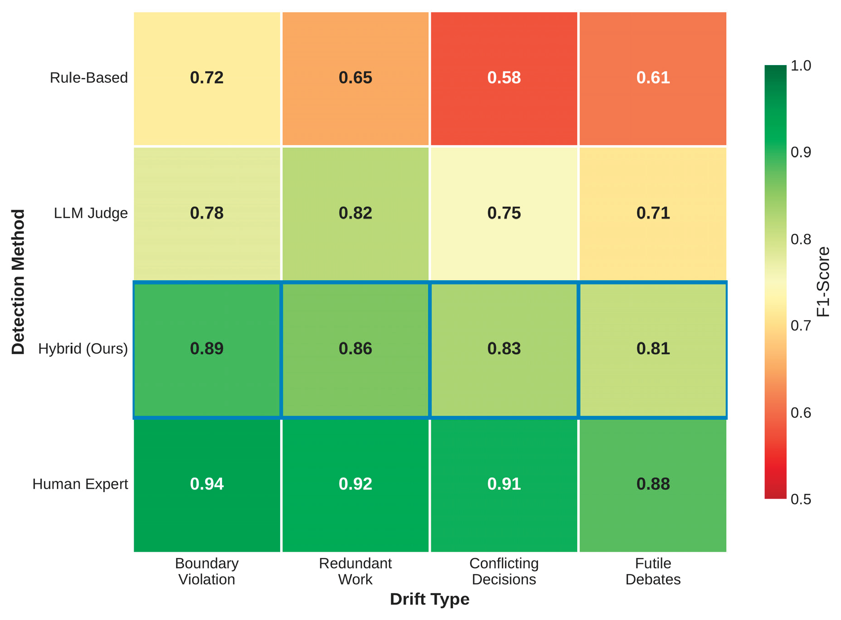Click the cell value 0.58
[x=504, y=78]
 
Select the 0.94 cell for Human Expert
[x=206, y=484]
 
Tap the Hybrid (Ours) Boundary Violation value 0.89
[x=206, y=349]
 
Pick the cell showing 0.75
[x=504, y=213]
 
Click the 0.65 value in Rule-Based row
[x=355, y=78]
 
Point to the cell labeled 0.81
[x=653, y=349]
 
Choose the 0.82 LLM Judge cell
[x=355, y=213]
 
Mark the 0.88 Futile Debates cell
[x=653, y=484]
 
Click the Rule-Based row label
[x=89, y=78]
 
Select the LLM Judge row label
[x=91, y=213]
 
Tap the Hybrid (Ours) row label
[x=83, y=349]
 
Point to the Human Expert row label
[x=80, y=484]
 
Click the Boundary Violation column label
[x=206, y=571]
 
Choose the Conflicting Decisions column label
[x=504, y=571]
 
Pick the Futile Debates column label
[x=653, y=571]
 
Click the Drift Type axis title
[x=429, y=599]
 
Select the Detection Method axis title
[x=18, y=282]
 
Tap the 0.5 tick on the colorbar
[x=801, y=499]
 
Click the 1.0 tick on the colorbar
[x=801, y=66]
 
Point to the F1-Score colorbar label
[x=823, y=282]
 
